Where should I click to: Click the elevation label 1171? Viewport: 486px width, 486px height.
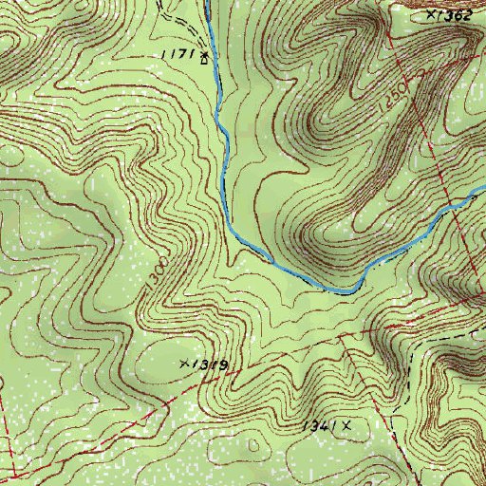[x=178, y=56]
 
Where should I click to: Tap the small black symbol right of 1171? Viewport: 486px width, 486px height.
[x=203, y=59]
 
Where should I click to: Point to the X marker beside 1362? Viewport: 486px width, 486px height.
[x=432, y=14]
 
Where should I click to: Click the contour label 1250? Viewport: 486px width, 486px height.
[x=398, y=95]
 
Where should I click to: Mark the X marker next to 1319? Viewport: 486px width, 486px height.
[x=184, y=364]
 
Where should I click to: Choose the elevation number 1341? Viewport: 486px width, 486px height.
[x=319, y=427]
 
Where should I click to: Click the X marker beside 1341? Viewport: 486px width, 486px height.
[x=347, y=426]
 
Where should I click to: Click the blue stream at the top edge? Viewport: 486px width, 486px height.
[x=207, y=4]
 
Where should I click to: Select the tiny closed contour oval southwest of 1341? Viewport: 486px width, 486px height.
[x=253, y=443]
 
